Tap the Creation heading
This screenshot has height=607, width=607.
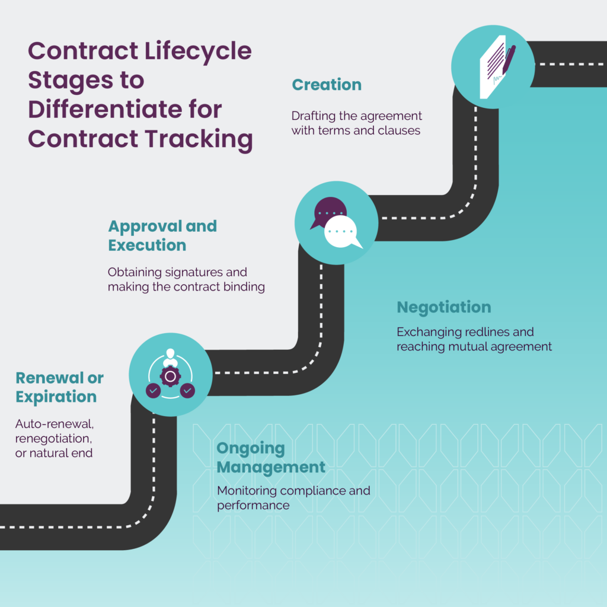tap(327, 85)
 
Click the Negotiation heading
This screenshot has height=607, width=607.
tap(444, 307)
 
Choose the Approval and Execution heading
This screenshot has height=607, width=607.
tap(162, 235)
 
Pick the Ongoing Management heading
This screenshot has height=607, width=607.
tap(270, 458)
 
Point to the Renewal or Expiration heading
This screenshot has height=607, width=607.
tap(59, 387)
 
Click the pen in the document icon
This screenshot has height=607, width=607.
tap(507, 60)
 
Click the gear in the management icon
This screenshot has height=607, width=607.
tap(170, 376)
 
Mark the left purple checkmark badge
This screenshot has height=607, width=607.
tap(153, 391)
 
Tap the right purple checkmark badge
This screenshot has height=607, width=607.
tap(187, 391)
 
